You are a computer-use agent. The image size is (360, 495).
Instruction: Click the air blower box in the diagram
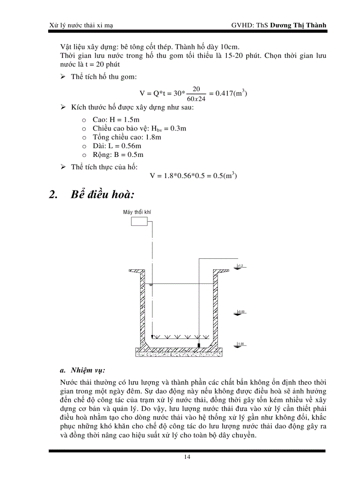pos(139,222)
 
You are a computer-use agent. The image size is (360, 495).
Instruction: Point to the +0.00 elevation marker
pos(240,312)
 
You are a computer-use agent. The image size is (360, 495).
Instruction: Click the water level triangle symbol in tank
pos(151,286)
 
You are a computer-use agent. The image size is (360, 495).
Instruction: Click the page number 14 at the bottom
pos(187,457)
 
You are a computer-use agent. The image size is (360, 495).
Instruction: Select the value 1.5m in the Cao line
pos(132,119)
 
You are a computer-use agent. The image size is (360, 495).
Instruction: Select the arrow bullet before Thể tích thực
pos(63,166)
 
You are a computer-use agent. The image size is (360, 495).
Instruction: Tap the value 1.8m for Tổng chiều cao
pos(153,137)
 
